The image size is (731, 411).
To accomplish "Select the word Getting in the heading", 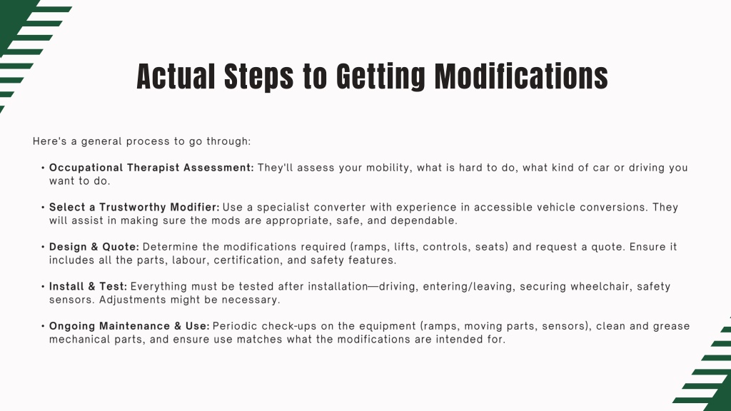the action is [381, 77].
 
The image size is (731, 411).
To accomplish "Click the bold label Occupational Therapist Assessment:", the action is [151, 168].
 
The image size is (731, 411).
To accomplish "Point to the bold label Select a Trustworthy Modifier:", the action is [134, 208].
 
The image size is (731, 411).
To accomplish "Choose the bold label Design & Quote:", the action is [94, 247].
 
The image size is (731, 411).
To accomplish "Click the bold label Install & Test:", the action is [88, 286].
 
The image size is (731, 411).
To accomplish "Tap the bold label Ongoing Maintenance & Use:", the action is [129, 326].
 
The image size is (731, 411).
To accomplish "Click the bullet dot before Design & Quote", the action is [43, 247].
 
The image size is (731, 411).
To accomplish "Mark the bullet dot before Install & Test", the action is [43, 287].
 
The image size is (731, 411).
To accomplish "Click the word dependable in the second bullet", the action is [424, 220].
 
